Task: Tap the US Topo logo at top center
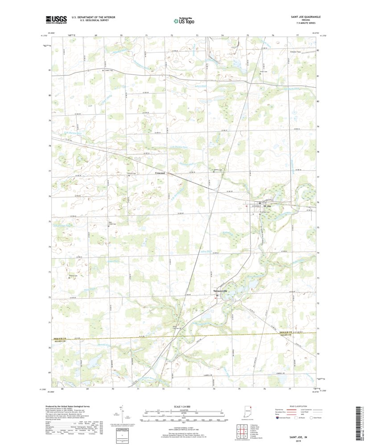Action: coord(185,20)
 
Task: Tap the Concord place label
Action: coord(160,173)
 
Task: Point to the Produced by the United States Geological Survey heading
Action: coord(71,406)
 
